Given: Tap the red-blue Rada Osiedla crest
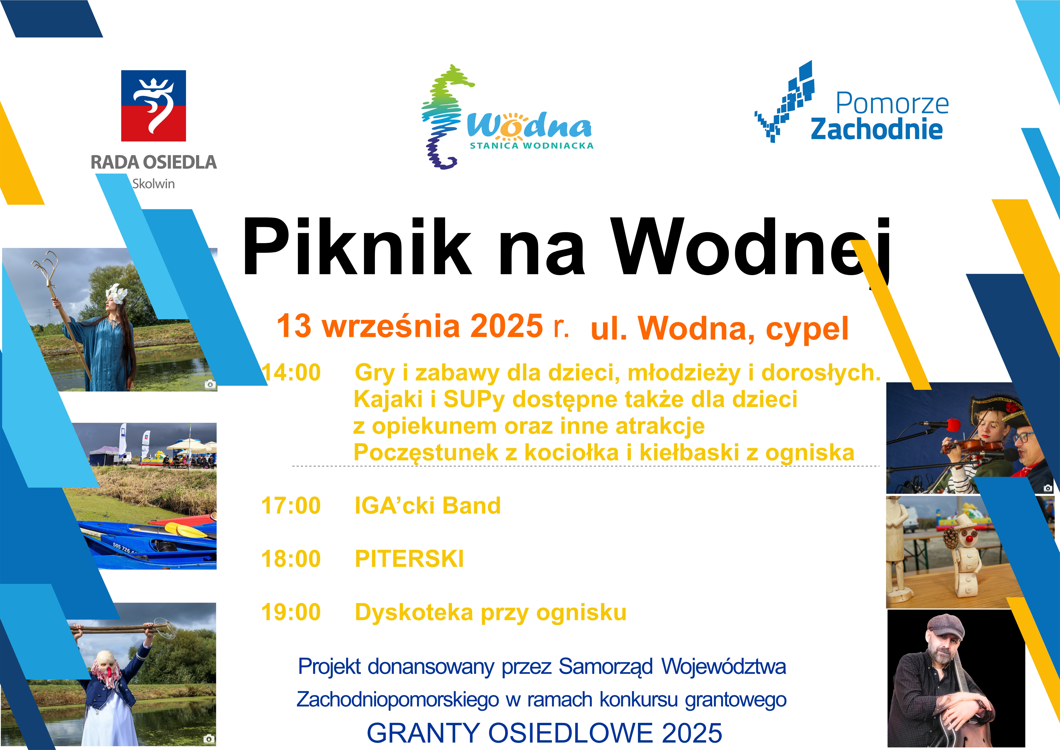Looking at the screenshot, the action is click(x=153, y=106).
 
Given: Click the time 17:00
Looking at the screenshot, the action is click(x=291, y=505).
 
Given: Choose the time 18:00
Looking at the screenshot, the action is click(x=291, y=559).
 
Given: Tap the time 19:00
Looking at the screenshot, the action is click(x=291, y=612).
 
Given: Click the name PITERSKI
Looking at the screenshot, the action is click(x=409, y=559).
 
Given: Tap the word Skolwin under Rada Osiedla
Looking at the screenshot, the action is click(x=153, y=184).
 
